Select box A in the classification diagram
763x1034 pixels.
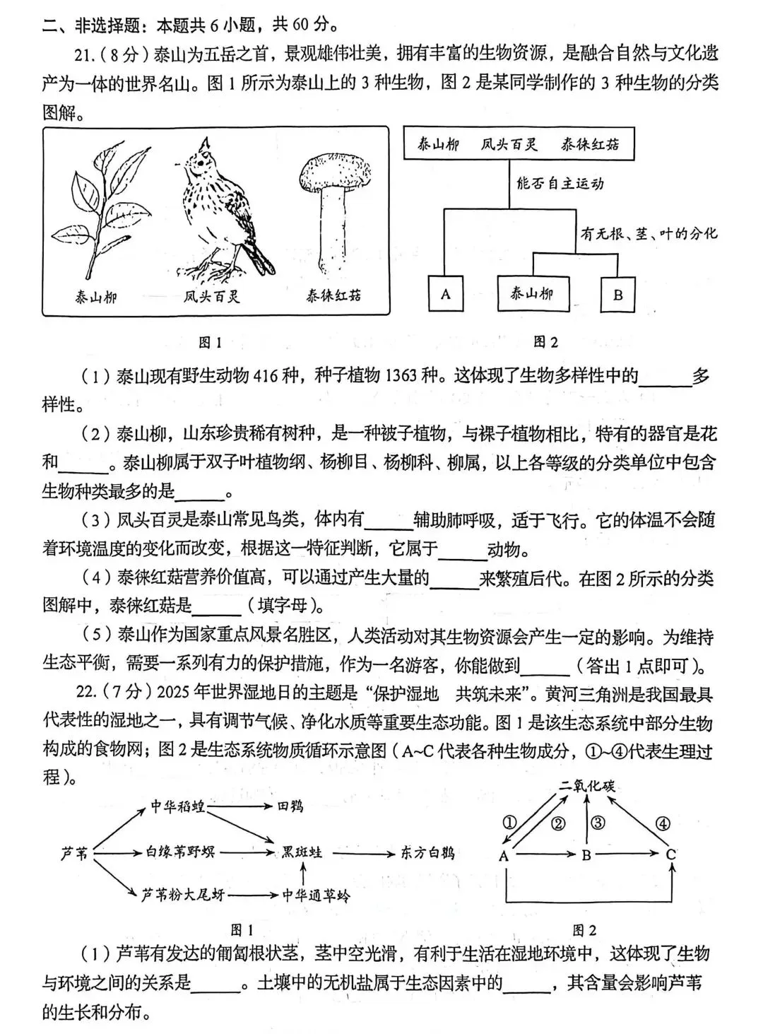[446, 293]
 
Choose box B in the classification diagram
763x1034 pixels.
[617, 294]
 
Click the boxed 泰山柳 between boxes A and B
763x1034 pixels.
[533, 293]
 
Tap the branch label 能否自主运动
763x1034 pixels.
[560, 184]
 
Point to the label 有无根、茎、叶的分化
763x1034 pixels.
[649, 233]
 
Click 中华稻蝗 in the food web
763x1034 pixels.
[177, 806]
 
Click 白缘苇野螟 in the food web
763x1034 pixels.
[181, 852]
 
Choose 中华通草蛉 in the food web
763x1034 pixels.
[316, 895]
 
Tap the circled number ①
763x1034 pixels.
[509, 822]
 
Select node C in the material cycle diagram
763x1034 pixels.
[671, 855]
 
